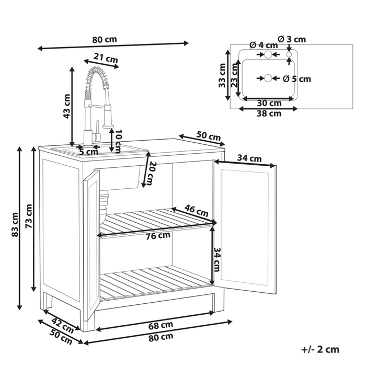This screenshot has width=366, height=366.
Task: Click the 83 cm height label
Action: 15,224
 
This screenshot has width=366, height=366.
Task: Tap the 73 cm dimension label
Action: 28,216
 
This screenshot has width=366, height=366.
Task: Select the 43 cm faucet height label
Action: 67,106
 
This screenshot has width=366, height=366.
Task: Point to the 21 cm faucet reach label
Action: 106,58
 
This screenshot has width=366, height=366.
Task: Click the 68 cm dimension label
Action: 161,325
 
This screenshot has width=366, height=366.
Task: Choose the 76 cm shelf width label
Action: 158,236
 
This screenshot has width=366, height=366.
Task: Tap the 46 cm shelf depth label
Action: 196,211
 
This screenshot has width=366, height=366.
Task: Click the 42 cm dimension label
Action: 62,325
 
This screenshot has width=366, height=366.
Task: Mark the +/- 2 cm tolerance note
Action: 320,349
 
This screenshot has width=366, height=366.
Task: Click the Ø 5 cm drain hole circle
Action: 268,78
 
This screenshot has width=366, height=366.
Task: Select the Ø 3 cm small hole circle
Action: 289,54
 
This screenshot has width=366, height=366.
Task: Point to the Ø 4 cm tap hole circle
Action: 268,54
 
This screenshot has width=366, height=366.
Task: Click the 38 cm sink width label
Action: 269,113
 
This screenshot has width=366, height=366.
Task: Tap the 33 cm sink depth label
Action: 222,75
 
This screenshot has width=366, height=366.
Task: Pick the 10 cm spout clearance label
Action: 118,141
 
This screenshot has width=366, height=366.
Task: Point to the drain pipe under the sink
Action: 104,203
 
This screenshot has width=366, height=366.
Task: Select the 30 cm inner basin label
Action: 269,102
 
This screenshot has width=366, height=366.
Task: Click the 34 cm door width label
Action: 249,158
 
